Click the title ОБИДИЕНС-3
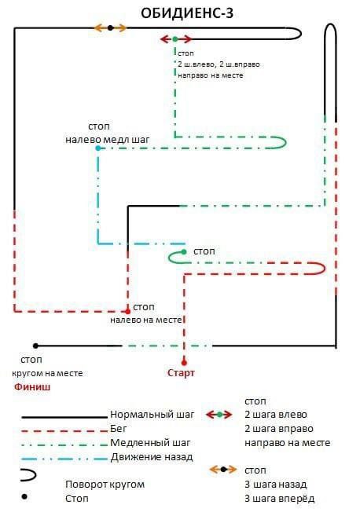(187, 13)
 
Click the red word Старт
(181, 373)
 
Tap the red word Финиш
(32, 386)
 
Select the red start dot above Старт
(184, 363)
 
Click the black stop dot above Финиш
(35, 346)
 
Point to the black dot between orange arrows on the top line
(110, 28)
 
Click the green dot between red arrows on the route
(175, 39)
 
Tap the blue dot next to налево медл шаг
(97, 148)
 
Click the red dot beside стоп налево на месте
(128, 311)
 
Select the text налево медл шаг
(108, 140)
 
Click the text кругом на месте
(47, 374)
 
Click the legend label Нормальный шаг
(152, 415)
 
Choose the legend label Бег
(118, 429)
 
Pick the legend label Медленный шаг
(150, 443)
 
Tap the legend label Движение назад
(152, 457)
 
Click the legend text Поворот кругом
(105, 485)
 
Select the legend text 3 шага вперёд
(279, 499)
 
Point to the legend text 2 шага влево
(276, 415)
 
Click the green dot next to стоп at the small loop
(184, 252)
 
